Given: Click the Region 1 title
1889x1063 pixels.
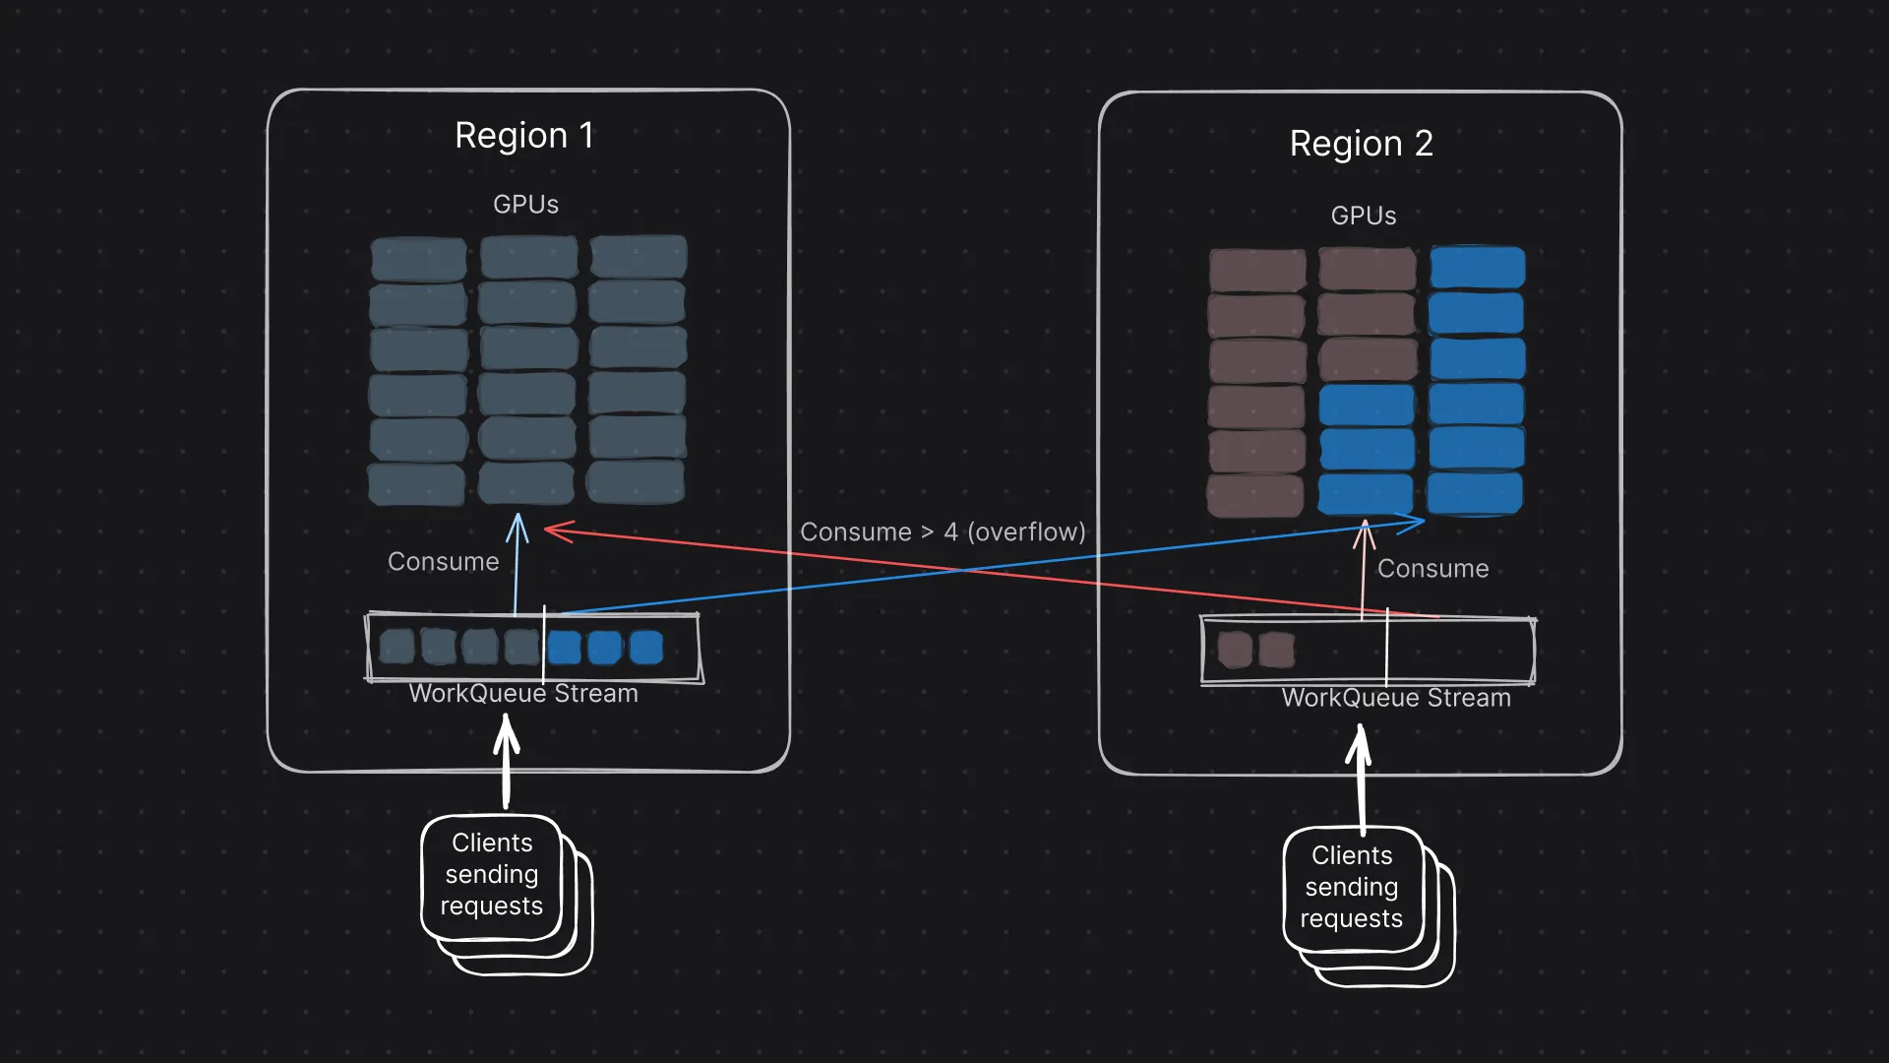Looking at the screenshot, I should [524, 136].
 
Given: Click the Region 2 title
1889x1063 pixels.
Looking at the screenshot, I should [1361, 144].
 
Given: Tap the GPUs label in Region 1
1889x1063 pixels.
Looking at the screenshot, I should [525, 205].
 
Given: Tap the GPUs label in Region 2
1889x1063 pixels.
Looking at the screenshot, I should [1363, 216].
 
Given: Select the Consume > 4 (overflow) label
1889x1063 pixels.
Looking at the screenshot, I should [943, 532].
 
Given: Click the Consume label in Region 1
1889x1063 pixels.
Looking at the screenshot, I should [443, 562].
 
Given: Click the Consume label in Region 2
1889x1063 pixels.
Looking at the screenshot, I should [1432, 569].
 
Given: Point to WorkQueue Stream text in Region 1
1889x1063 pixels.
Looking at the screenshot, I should [523, 694].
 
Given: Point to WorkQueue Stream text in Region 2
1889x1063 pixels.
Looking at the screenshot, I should [1395, 698].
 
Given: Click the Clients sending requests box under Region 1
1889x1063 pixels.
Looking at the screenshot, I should [491, 875].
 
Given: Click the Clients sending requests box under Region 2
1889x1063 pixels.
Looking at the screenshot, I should [1352, 888].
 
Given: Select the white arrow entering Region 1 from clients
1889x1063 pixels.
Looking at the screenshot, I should [506, 758].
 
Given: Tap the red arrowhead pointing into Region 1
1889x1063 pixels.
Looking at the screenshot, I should [557, 531].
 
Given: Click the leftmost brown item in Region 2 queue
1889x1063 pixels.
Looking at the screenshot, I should [1235, 650].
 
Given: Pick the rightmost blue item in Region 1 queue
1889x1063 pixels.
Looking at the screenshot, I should [646, 648].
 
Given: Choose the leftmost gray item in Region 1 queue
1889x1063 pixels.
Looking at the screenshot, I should [396, 647].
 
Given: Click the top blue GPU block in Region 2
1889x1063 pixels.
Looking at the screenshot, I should [1477, 268].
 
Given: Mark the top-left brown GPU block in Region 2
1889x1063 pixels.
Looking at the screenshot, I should [1257, 270].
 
